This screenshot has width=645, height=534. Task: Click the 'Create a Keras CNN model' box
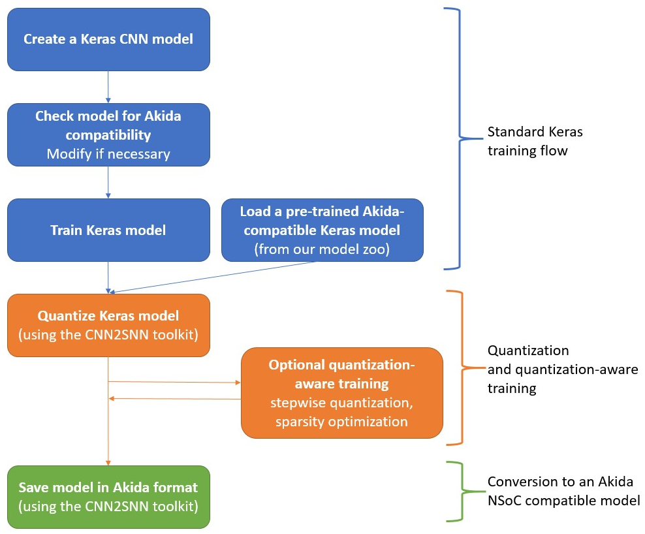tap(108, 39)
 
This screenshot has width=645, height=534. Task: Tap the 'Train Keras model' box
tap(108, 230)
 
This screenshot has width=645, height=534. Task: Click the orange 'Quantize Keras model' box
tap(108, 325)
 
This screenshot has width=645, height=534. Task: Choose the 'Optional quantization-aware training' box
tap(341, 392)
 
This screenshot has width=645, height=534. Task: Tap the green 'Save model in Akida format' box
tap(108, 496)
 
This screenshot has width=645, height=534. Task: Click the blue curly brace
tap(461, 138)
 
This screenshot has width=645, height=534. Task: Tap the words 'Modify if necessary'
tap(108, 154)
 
